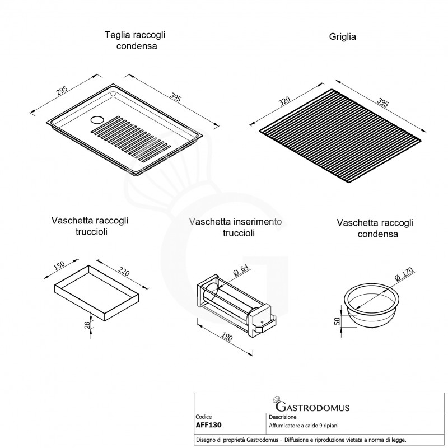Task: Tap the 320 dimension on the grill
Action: (284, 101)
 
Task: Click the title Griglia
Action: (342, 37)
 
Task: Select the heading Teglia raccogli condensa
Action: (134, 40)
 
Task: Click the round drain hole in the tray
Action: (96, 119)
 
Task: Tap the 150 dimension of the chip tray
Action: (59, 264)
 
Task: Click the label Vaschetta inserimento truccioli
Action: (236, 227)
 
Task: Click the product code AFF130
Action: (209, 424)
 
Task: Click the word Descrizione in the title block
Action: (283, 417)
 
